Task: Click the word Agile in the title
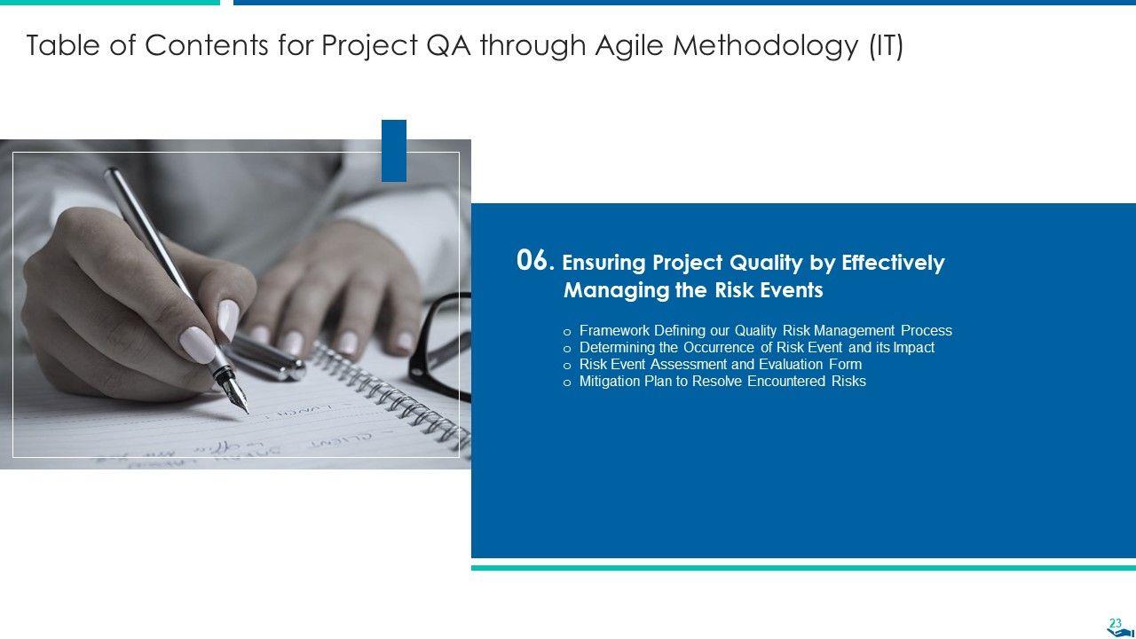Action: point(629,45)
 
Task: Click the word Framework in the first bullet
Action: point(614,331)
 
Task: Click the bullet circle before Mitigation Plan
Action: point(567,383)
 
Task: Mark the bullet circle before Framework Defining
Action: point(567,332)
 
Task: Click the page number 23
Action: point(1116,623)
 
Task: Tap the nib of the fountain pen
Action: point(239,400)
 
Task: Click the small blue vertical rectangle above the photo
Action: point(394,151)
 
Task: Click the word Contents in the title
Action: point(207,45)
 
